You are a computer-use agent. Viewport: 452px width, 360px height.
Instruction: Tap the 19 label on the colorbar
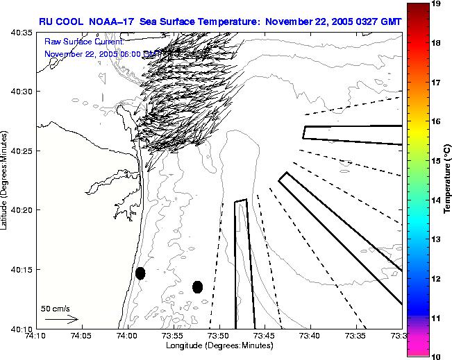pyautogui.click(x=437, y=4)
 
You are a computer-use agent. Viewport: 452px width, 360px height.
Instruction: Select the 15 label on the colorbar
pyautogui.click(x=437, y=160)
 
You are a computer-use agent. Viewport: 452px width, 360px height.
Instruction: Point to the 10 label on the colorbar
pyautogui.click(x=437, y=355)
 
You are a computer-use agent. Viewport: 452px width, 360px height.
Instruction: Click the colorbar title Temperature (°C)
pyautogui.click(x=449, y=180)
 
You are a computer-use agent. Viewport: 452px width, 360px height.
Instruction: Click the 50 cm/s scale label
pyautogui.click(x=53, y=308)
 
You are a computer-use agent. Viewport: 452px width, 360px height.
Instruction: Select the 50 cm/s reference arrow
pyautogui.click(x=61, y=319)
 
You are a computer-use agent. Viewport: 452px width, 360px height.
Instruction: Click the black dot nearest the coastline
pyautogui.click(x=140, y=273)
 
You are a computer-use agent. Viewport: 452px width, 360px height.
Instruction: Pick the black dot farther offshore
pyautogui.click(x=197, y=286)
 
